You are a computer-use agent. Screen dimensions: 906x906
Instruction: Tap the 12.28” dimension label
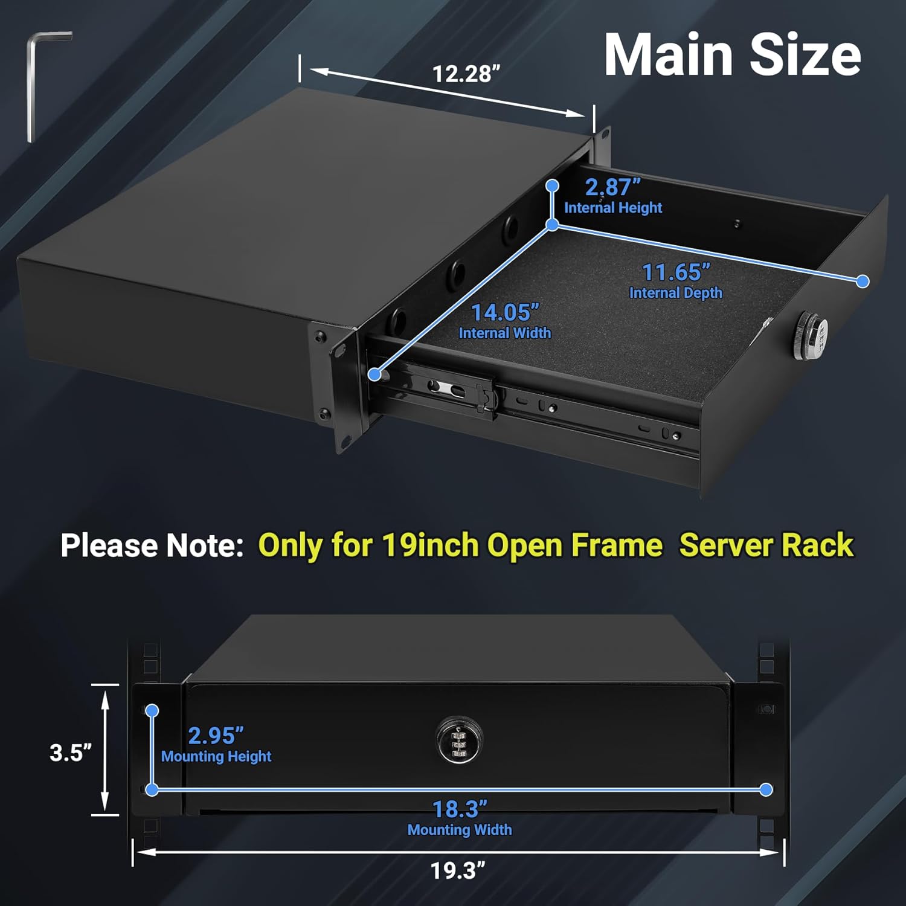coord(466,74)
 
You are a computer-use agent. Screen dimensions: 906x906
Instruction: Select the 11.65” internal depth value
coord(675,272)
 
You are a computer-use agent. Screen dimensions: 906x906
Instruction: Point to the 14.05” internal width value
coord(504,313)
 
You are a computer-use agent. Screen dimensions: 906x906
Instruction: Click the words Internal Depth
coord(675,293)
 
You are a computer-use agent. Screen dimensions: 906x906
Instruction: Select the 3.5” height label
coord(71,753)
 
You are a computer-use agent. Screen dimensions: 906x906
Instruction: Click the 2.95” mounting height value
coord(216,736)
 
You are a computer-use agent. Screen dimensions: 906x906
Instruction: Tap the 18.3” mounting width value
coord(460,809)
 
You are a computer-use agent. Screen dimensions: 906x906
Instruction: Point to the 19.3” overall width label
coord(458,871)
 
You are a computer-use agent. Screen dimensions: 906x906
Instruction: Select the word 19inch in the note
coord(431,545)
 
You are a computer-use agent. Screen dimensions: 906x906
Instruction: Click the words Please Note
coord(152,545)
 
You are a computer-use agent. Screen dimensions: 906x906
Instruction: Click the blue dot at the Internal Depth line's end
coord(863,281)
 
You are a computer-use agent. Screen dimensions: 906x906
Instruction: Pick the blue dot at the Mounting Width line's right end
coord(766,789)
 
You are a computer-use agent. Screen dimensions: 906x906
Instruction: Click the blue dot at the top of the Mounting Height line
coord(152,711)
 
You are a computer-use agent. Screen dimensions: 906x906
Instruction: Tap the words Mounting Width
coord(460,830)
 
